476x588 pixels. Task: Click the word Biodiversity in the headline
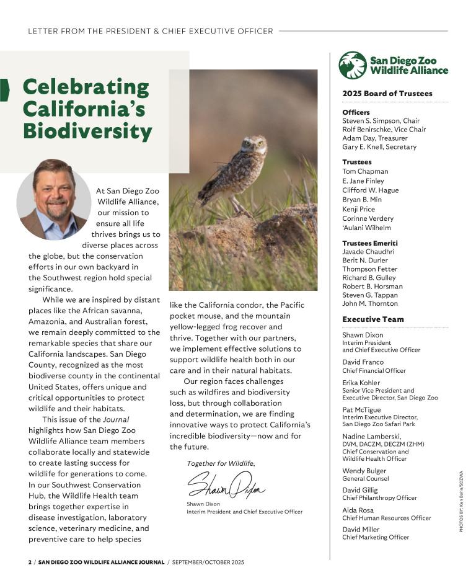(x=87, y=131)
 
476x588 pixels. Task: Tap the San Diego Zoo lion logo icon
(x=352, y=65)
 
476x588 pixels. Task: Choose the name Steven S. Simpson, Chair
(x=381, y=121)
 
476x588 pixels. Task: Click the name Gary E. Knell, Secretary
(x=379, y=147)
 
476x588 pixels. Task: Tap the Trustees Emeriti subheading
(x=370, y=243)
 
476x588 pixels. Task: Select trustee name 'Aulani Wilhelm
(x=366, y=228)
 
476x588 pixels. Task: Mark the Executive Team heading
(x=372, y=319)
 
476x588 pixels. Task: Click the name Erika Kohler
(x=361, y=383)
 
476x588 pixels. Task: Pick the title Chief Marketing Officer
(x=376, y=537)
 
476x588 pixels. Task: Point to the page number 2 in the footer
(x=29, y=562)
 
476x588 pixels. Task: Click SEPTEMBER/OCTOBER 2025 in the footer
(x=208, y=562)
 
